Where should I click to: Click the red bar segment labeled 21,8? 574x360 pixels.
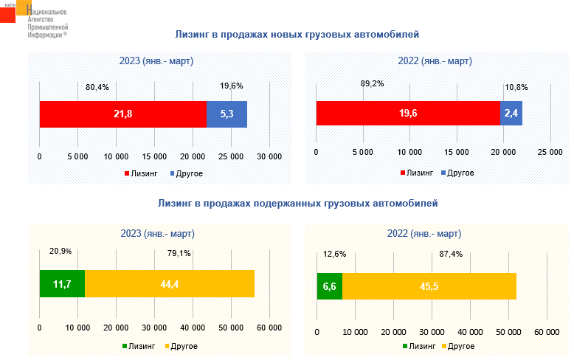(122, 114)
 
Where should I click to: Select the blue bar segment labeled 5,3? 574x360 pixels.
(227, 114)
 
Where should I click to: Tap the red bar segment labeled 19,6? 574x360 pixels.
(408, 114)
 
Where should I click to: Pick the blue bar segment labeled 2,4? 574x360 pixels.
(511, 114)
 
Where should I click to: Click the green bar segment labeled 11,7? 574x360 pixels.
(62, 284)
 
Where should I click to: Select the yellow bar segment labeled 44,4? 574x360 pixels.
(170, 284)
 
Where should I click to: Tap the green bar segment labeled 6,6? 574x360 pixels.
(330, 286)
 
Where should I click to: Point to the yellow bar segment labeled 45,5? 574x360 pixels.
(429, 286)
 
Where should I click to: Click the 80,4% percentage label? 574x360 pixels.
(97, 87)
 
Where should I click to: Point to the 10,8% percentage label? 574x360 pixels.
(516, 87)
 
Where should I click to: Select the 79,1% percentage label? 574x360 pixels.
(179, 254)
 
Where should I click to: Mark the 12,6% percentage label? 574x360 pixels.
(335, 255)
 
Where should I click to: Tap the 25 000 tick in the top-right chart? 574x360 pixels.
(550, 152)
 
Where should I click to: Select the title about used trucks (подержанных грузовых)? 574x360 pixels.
(297, 202)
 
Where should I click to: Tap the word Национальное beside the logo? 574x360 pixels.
(46, 13)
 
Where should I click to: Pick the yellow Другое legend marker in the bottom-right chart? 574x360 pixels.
(443, 346)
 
